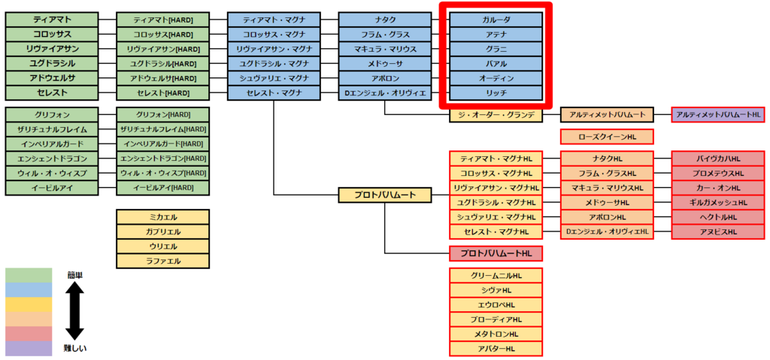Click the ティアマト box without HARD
52,20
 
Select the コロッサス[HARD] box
163,35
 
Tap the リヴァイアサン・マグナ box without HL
274,49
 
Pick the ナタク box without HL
385,20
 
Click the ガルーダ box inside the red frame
496,20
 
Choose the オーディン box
496,78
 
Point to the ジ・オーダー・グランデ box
496,115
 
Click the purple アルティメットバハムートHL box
718,115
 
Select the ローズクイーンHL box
607,137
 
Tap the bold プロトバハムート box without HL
385,195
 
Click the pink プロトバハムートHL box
496,253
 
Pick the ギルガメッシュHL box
718,202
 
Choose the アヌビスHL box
718,231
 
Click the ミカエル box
163,217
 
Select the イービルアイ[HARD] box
163,188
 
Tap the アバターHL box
496,349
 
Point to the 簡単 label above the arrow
75,275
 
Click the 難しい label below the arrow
75,349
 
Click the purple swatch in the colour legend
29,349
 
